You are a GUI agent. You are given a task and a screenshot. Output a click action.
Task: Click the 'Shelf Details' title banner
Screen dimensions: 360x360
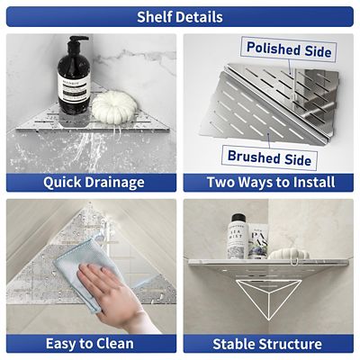click(180, 16)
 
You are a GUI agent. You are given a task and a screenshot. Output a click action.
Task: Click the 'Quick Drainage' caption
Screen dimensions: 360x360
click(94, 182)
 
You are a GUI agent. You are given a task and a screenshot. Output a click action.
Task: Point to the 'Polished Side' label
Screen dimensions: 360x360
click(288, 49)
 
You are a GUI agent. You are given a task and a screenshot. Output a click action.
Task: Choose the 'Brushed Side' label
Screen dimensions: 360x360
click(270, 158)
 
